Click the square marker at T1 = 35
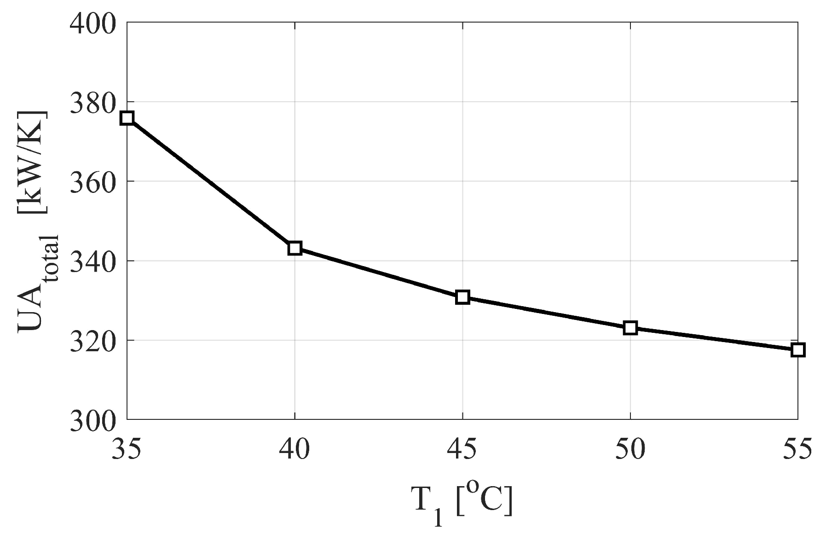tap(127, 118)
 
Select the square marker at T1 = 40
tap(295, 249)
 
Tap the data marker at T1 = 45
tap(462, 297)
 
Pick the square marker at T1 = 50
tap(630, 328)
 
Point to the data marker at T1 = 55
tap(797, 350)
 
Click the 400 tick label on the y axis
tap(92, 23)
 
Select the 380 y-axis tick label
tap(92, 102)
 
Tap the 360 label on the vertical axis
tap(92, 181)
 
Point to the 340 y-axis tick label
tap(92, 261)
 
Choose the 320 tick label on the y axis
tap(92, 341)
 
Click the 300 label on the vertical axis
tap(92, 420)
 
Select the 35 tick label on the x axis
tap(127, 449)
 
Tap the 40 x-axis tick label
tap(295, 449)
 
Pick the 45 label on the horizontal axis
tap(462, 449)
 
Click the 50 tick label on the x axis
tap(630, 449)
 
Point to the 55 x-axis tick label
tap(797, 449)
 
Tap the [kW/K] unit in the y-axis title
tap(32, 162)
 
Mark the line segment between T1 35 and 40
tap(211, 183)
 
